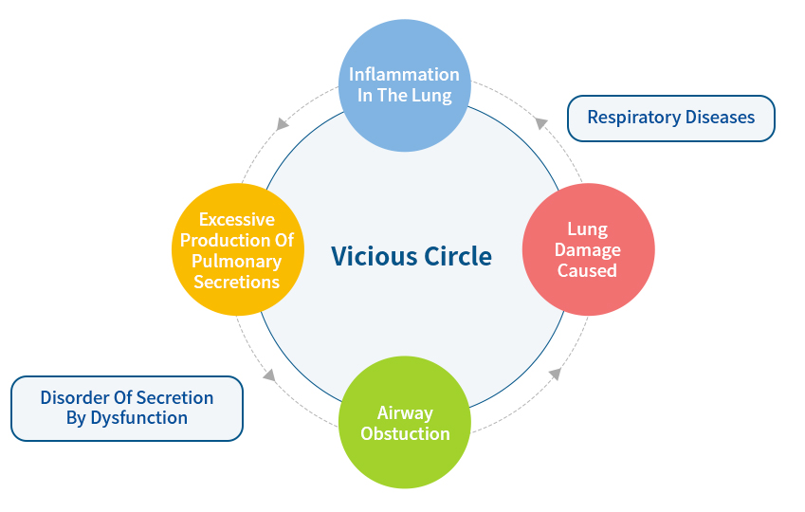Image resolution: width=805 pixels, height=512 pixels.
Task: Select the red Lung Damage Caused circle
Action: point(588,248)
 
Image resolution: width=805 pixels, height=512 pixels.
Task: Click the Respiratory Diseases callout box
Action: point(670,118)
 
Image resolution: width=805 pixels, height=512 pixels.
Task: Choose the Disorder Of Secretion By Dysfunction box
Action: point(126,408)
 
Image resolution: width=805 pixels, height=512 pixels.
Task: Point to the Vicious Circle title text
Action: point(412,256)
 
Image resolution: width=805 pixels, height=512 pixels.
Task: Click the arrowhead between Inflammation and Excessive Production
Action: point(282,123)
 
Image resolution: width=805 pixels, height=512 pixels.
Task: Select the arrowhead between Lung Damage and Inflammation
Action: point(540,122)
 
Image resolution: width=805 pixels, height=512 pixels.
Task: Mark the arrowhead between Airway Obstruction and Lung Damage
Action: point(555,374)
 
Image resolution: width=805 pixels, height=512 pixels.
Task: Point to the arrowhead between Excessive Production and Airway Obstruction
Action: point(269,375)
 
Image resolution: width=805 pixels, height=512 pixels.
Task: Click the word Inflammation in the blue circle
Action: point(404,74)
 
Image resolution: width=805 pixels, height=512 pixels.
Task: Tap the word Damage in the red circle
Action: point(588,250)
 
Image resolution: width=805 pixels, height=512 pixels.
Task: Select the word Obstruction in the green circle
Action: point(405,433)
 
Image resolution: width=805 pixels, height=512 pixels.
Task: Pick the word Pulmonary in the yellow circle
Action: point(238,261)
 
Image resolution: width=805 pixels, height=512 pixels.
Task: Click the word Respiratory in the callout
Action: point(635,118)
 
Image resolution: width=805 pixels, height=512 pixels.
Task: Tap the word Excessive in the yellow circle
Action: point(237,219)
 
